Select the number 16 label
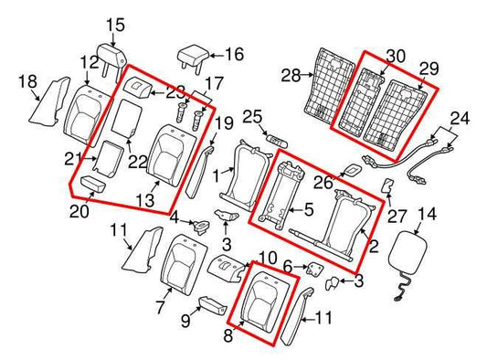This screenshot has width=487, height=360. point(233,54)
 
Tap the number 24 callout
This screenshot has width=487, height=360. point(459,119)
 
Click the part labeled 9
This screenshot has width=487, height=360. point(210,303)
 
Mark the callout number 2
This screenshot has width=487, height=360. point(373,247)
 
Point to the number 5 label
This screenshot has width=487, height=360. point(308,210)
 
